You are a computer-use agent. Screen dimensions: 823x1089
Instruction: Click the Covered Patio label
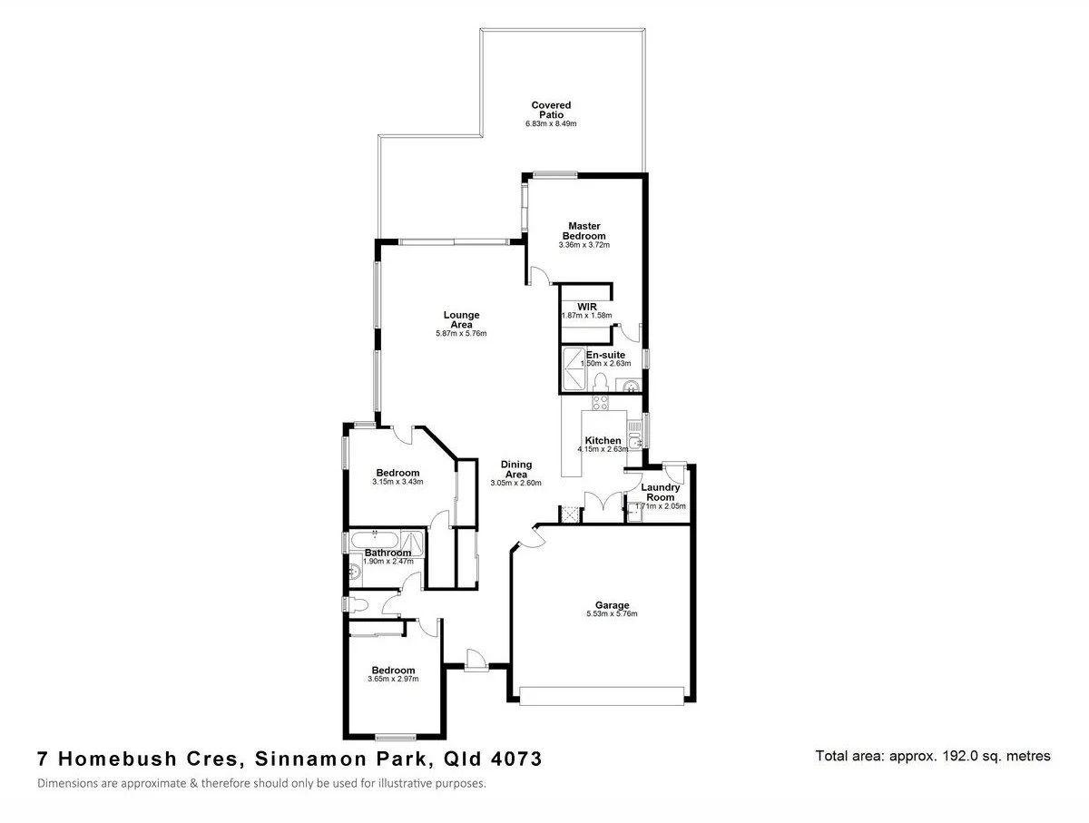click(551, 110)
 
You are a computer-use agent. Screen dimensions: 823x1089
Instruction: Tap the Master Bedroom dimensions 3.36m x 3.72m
click(584, 245)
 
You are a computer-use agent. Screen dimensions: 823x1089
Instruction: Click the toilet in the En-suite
click(600, 381)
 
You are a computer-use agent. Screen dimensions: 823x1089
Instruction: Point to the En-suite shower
click(574, 364)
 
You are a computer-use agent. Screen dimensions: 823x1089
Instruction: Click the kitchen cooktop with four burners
click(599, 401)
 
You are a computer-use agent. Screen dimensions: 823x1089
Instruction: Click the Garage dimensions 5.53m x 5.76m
click(612, 614)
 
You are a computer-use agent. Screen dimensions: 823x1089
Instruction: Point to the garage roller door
click(601, 695)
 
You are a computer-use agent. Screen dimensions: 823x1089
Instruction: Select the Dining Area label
click(515, 469)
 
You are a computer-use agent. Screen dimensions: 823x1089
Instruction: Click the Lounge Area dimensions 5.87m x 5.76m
click(461, 334)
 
